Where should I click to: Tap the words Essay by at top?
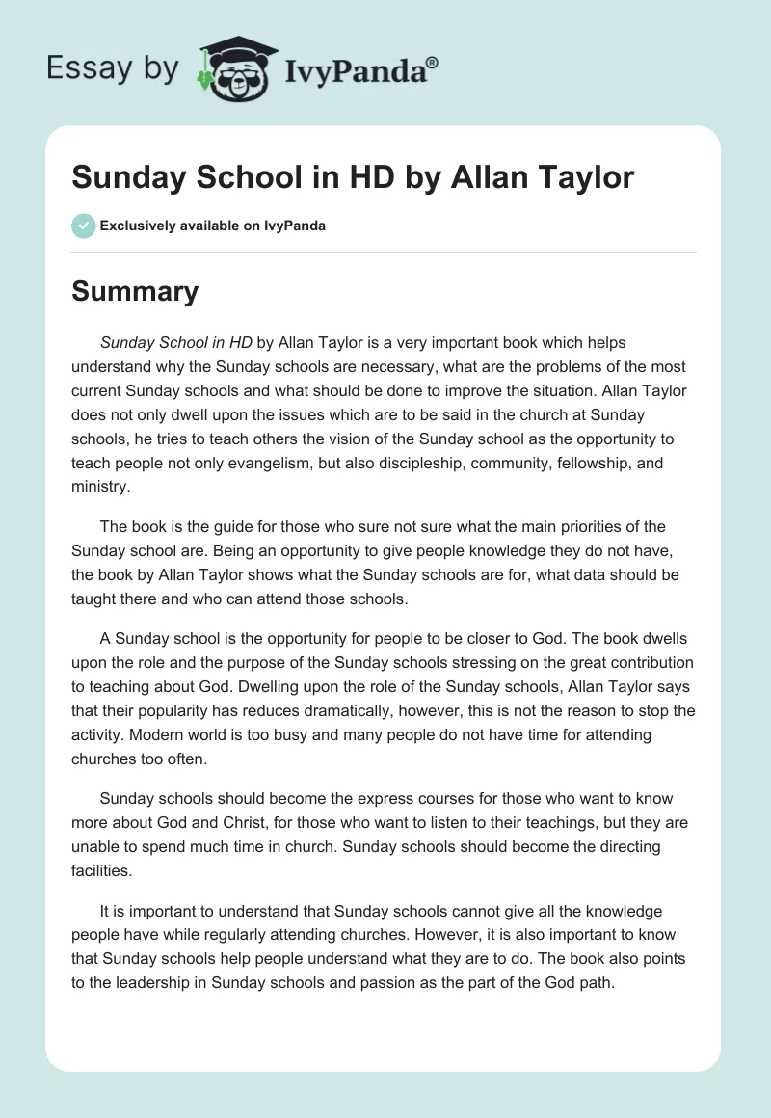click(115, 69)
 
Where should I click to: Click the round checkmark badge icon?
click(83, 226)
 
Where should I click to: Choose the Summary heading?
click(135, 291)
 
